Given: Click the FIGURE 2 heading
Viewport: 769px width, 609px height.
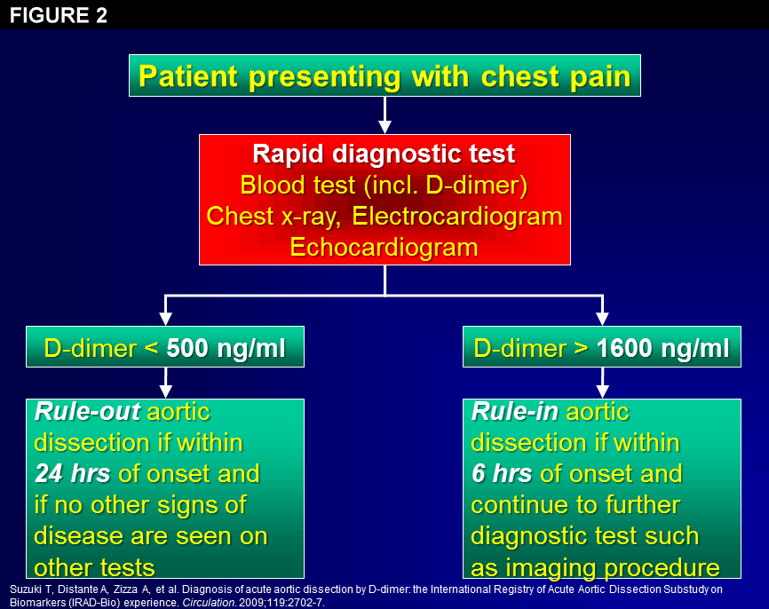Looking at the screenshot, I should [59, 15].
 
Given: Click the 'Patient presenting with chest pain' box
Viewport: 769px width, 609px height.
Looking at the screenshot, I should [384, 76].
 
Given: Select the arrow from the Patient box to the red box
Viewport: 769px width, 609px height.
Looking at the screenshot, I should [384, 115].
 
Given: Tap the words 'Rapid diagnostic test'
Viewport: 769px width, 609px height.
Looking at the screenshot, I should [384, 154].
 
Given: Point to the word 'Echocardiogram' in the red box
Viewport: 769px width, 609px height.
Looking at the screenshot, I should [384, 247].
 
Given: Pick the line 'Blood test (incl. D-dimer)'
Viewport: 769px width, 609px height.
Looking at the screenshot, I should [384, 185].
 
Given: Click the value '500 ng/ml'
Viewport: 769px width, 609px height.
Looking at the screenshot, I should [226, 348].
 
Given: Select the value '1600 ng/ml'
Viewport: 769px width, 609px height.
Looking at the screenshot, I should [663, 348].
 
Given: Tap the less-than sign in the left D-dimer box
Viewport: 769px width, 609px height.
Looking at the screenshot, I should [152, 348].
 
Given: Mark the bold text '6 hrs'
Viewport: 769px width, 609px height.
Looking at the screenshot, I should [503, 473].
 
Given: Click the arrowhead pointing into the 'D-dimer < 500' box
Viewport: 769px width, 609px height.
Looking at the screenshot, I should [164, 318].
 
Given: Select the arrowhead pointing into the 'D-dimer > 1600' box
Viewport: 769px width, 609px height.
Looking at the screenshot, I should [603, 318].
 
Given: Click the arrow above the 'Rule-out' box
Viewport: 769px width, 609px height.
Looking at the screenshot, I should [164, 383].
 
